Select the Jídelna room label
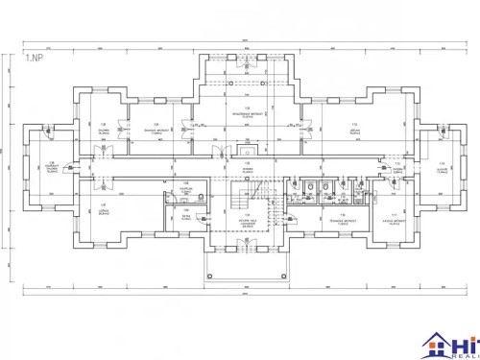click(354, 129)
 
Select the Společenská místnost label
click(248, 111)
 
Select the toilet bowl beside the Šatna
click(201, 192)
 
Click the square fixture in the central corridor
click(249, 152)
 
